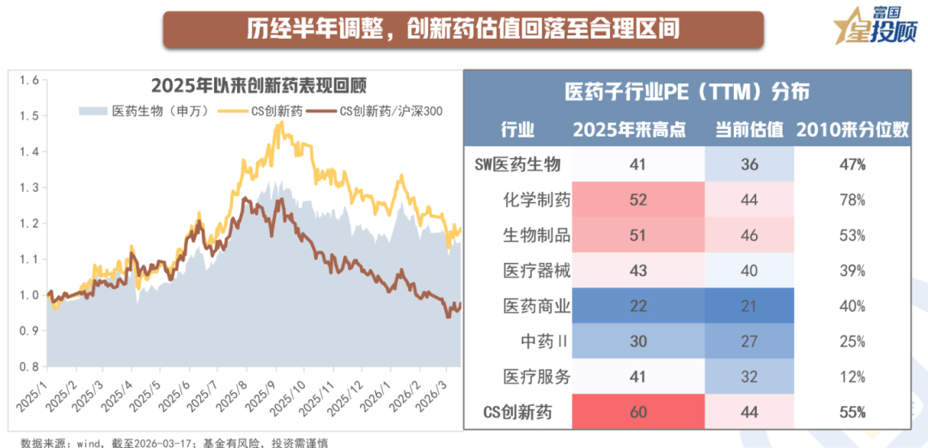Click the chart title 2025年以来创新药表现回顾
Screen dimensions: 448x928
(x=259, y=86)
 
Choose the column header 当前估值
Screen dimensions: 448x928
(x=749, y=130)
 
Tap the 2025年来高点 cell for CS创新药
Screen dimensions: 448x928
(x=638, y=413)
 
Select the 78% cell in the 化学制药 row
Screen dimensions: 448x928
(x=853, y=200)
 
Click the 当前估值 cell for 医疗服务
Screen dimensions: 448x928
(x=749, y=377)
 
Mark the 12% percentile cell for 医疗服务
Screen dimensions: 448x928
(x=853, y=377)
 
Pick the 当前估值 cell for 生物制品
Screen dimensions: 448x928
(x=749, y=236)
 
